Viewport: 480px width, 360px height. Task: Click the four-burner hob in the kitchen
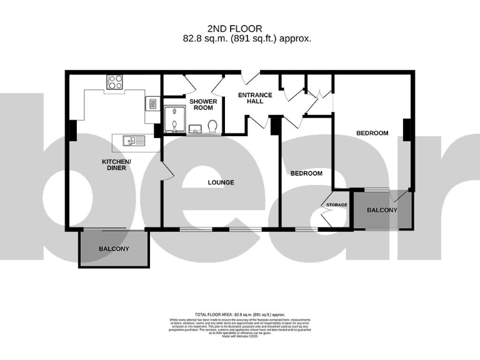click(x=115, y=81)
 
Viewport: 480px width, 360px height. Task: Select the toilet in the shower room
click(x=212, y=126)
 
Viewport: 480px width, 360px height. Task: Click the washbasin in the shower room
click(x=195, y=129)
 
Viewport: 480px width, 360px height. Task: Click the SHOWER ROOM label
click(x=203, y=104)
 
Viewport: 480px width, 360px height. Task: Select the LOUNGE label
click(x=221, y=182)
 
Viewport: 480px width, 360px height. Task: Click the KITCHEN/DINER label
click(x=116, y=165)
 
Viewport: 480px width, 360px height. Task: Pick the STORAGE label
click(x=335, y=204)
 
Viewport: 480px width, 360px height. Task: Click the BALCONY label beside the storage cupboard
click(x=381, y=211)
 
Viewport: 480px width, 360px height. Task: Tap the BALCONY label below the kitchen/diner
click(x=114, y=249)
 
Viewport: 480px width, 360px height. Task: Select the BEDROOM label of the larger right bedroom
click(x=372, y=133)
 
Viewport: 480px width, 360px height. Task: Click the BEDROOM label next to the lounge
click(x=306, y=173)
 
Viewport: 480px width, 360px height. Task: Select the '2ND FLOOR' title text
click(x=234, y=28)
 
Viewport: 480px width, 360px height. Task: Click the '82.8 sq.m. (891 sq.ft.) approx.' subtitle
click(x=244, y=39)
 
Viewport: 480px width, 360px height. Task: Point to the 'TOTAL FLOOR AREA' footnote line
click(x=240, y=314)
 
